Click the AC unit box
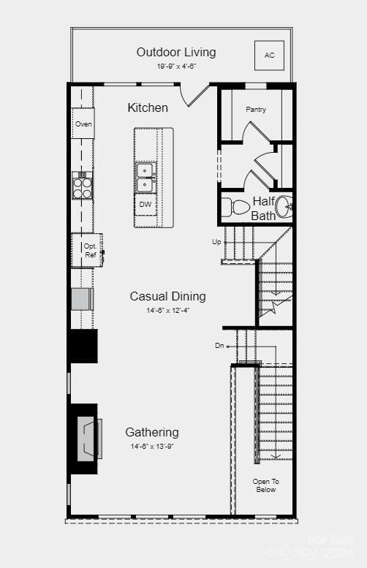click(268, 56)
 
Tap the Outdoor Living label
click(176, 52)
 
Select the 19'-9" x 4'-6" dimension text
click(176, 66)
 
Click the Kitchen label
click(148, 107)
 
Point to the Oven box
click(83, 124)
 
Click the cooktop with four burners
click(83, 186)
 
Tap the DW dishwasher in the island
click(145, 205)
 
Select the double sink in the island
click(145, 177)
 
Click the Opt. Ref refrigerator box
click(90, 251)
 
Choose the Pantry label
click(256, 110)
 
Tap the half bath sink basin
click(284, 208)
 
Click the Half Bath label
click(263, 208)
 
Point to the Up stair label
click(216, 241)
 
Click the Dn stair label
click(219, 345)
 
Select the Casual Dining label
click(167, 296)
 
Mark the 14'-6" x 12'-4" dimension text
click(167, 310)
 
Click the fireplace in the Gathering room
click(88, 438)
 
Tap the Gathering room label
click(151, 432)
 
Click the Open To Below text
click(265, 485)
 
